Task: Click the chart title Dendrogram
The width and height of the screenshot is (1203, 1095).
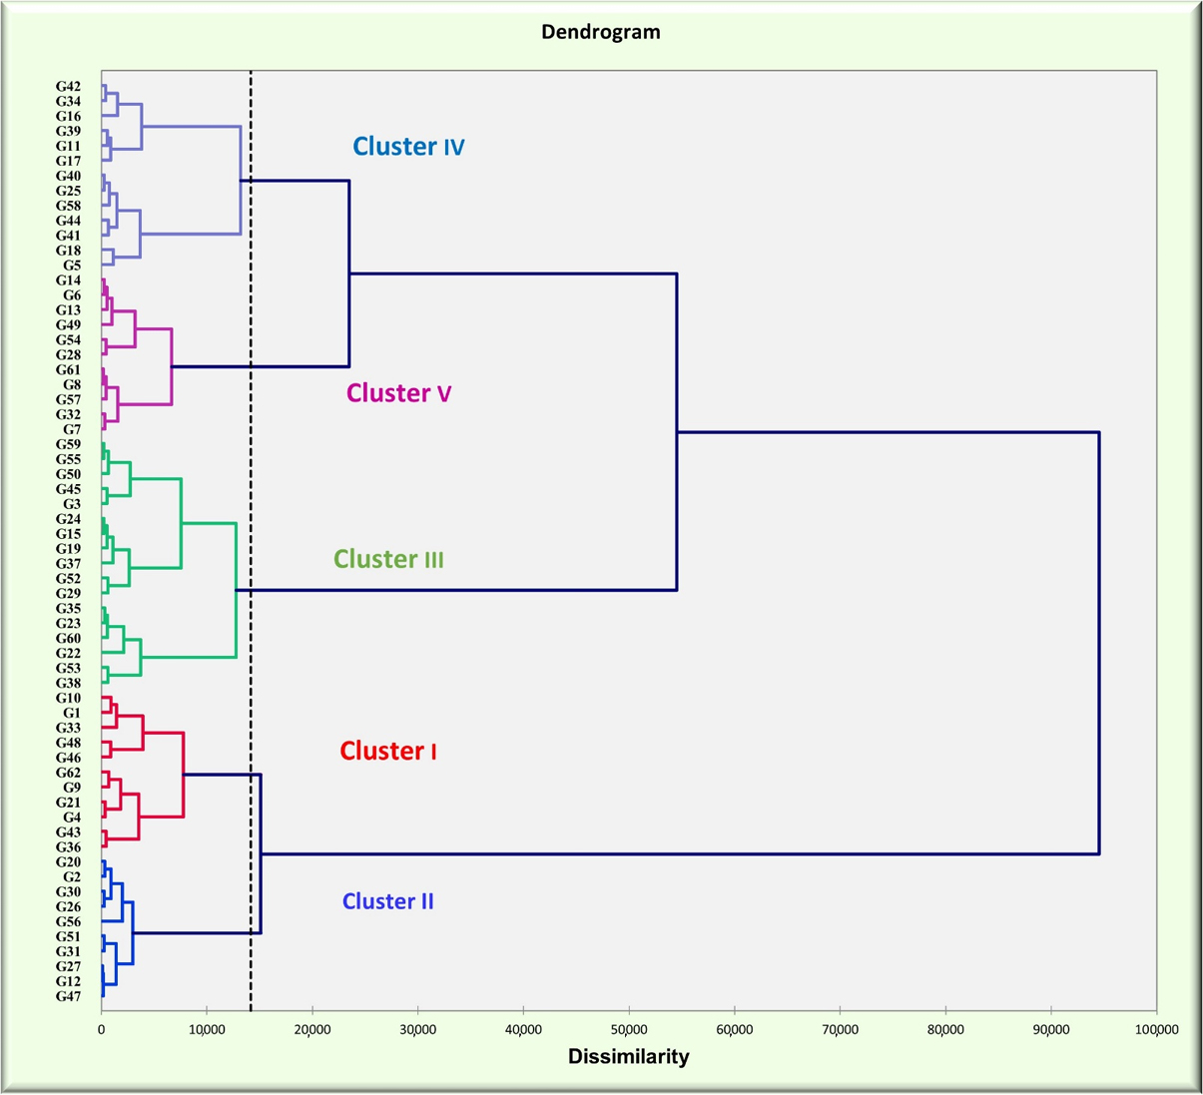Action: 600,32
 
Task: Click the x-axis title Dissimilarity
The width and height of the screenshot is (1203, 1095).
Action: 628,1056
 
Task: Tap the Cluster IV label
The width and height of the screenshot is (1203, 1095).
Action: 408,147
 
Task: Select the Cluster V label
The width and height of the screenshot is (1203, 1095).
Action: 398,393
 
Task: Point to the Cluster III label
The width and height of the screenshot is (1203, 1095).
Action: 388,559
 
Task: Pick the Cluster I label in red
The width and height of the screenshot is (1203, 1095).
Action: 387,751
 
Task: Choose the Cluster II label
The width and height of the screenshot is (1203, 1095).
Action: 387,901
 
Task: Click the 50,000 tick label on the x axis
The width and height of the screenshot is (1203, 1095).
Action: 629,1029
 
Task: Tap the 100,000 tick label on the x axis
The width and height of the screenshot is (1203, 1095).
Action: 1155,1029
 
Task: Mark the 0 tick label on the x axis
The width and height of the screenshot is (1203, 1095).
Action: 101,1029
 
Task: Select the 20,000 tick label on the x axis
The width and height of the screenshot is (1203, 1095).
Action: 312,1029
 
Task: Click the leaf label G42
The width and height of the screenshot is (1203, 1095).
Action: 69,87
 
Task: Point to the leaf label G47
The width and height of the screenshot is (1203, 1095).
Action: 69,996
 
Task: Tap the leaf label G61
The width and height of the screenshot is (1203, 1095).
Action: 69,370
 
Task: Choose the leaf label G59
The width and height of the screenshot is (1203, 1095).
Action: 69,444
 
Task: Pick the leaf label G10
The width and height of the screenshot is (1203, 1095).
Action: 69,698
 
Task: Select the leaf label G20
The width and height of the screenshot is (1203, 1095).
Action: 69,861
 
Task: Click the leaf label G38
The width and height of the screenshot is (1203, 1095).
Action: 69,683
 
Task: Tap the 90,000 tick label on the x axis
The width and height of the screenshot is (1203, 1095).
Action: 1050,1029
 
